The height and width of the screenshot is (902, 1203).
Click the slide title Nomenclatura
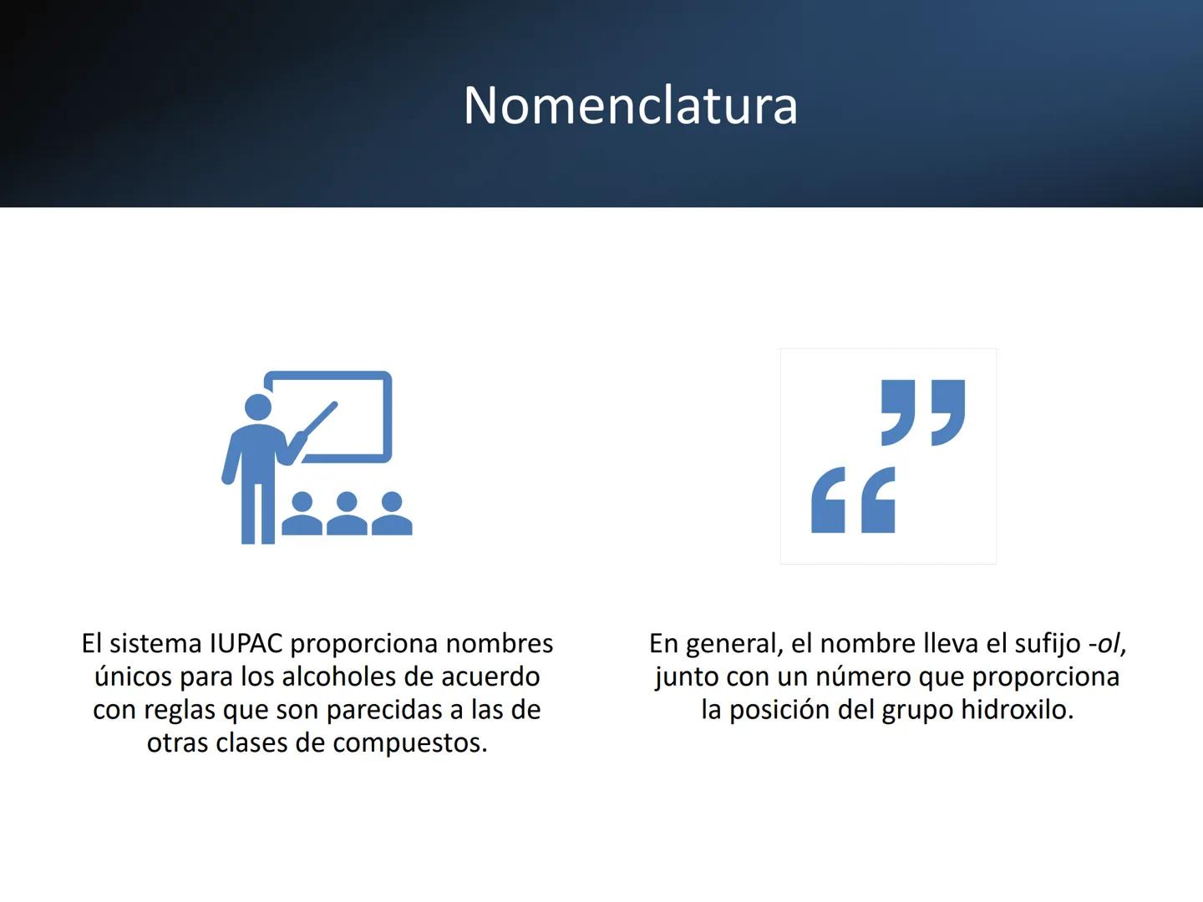[630, 105]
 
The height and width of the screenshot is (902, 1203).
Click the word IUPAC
[246, 643]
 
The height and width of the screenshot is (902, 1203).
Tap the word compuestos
[410, 744]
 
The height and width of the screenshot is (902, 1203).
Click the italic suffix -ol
[1104, 644]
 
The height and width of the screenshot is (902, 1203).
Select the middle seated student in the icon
[347, 514]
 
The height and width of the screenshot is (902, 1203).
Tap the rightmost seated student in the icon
[392, 514]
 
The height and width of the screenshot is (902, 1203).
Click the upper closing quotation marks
[923, 413]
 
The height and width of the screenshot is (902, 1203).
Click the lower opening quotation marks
[853, 499]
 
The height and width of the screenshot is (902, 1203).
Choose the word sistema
[155, 644]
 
